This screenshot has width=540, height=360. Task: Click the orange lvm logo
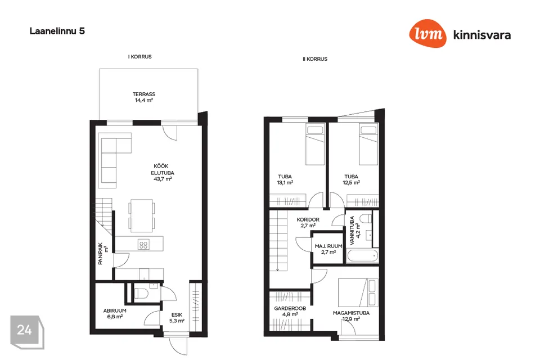427,33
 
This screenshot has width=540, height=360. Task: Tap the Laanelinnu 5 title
57,31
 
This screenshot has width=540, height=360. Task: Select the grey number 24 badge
27,332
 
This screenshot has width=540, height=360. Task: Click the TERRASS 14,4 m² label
144,97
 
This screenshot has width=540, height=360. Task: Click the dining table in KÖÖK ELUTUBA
142,215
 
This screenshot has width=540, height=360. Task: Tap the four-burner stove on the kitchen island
143,245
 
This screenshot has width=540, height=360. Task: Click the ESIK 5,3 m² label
177,318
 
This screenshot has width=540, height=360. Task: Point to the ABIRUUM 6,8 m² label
115,313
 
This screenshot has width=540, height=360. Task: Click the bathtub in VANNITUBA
363,256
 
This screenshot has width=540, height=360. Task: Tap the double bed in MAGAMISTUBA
358,292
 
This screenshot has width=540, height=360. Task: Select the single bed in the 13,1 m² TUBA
315,145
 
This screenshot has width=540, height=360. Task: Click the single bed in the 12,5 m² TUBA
368,145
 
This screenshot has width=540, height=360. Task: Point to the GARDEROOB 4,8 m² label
290,312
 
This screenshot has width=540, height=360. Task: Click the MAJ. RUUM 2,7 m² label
328,249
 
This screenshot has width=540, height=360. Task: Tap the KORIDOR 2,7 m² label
308,223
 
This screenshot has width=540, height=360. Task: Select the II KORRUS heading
315,59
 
